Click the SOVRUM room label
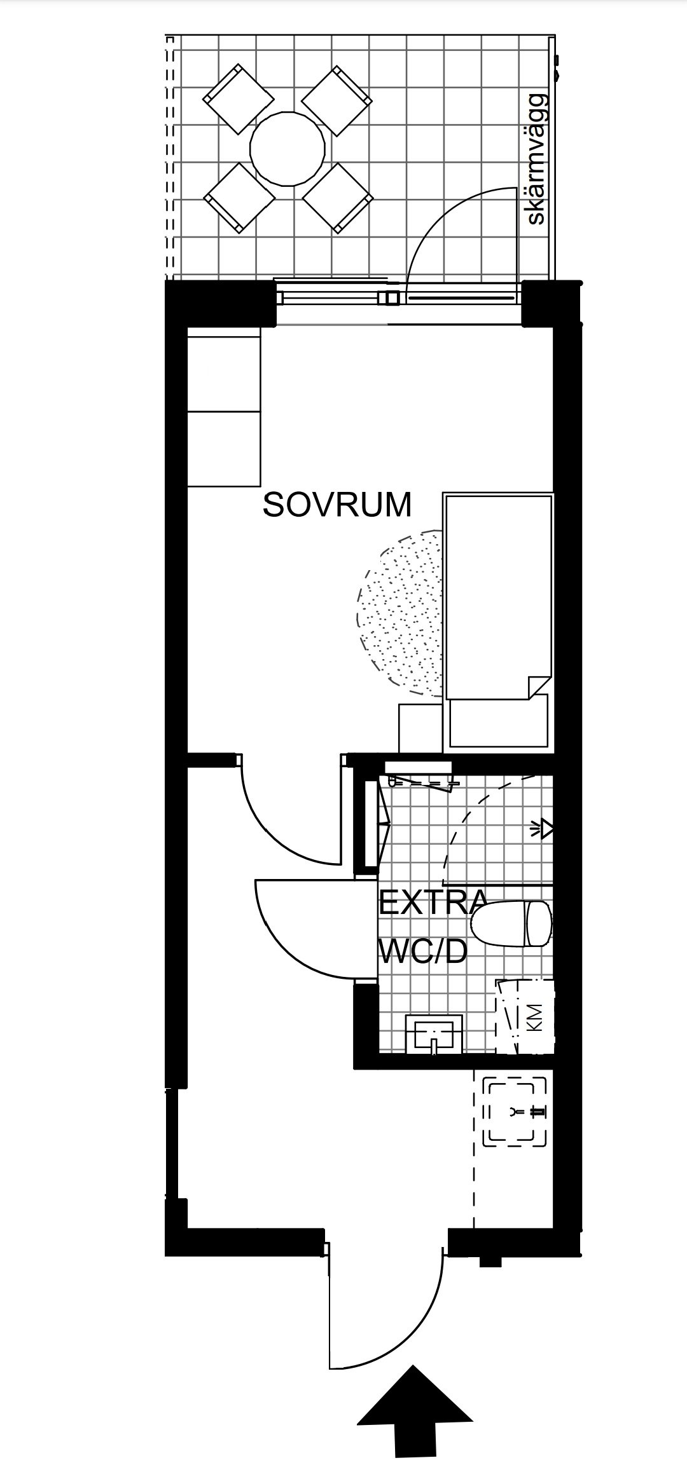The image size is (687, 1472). point(337,505)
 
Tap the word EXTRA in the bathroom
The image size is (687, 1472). point(433,903)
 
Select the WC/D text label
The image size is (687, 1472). point(423,951)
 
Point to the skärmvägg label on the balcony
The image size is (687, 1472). point(536,159)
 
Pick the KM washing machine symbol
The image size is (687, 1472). point(525,1018)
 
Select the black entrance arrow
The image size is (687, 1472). point(415,1416)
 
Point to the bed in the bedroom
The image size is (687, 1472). point(499,620)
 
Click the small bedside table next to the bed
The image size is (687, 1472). point(420,728)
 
